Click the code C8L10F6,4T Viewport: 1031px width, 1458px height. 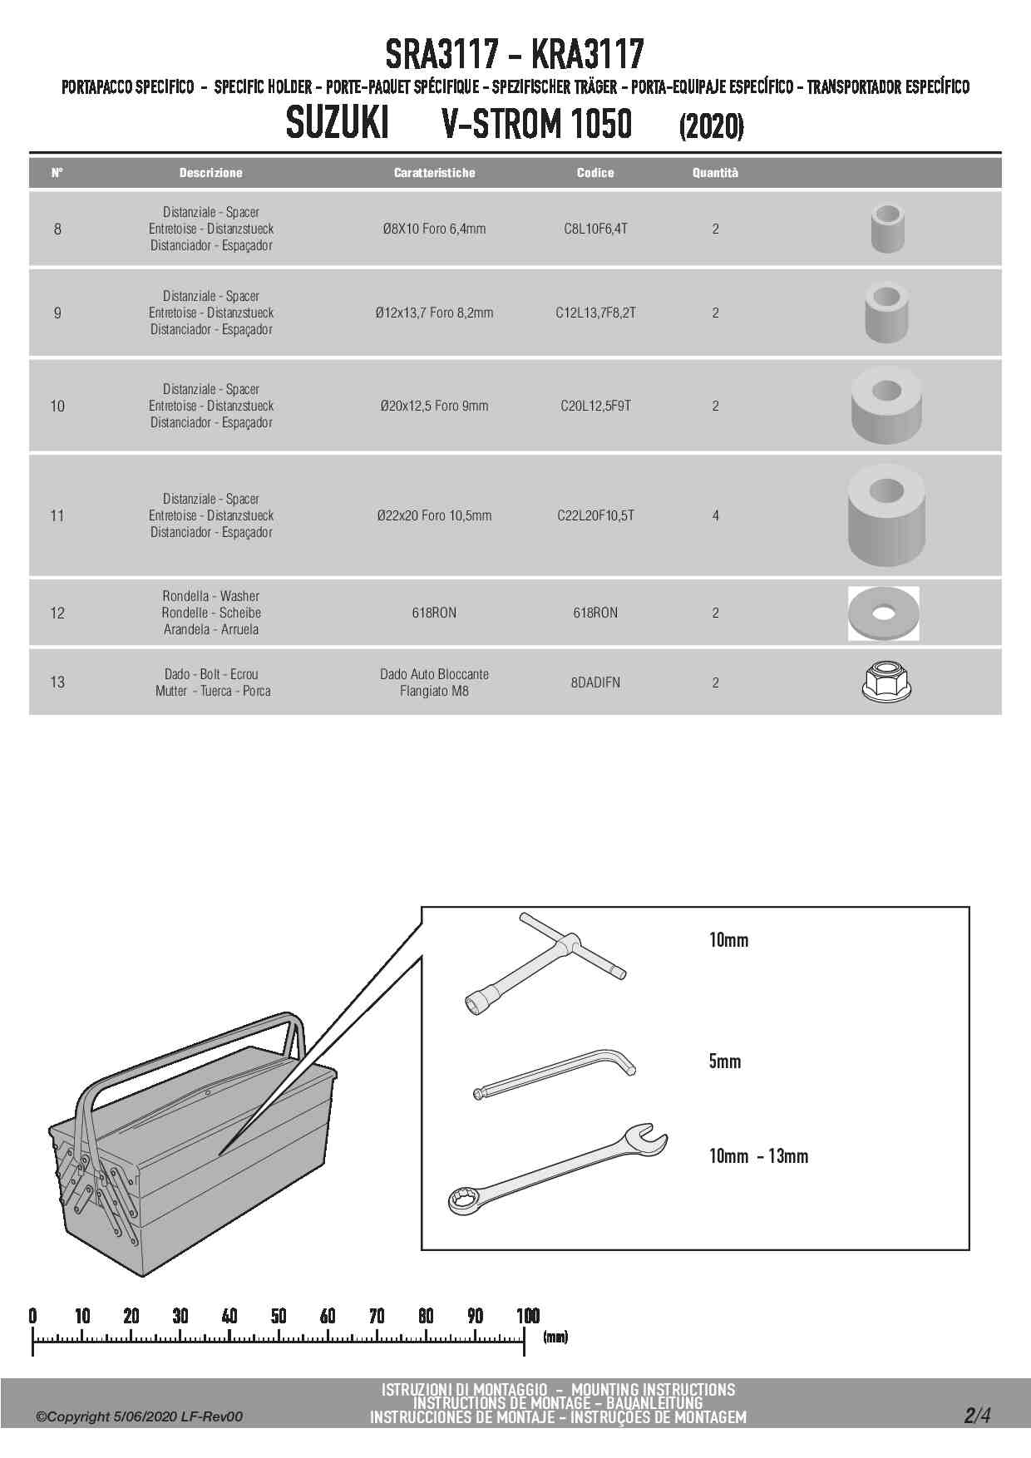595,229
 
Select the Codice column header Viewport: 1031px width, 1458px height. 595,173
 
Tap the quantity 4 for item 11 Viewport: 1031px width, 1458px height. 715,515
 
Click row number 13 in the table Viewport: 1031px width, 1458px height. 57,682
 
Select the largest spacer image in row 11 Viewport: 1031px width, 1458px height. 886,515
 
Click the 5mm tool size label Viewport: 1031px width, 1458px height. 724,1061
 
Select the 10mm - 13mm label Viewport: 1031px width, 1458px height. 758,1156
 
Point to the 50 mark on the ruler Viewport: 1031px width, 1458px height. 279,1316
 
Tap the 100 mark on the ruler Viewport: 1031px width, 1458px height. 528,1316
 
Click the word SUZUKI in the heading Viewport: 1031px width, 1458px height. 337,125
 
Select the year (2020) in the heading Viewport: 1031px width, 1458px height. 711,126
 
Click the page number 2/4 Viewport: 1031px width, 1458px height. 977,1415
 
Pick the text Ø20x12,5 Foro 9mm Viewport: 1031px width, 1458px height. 434,406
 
